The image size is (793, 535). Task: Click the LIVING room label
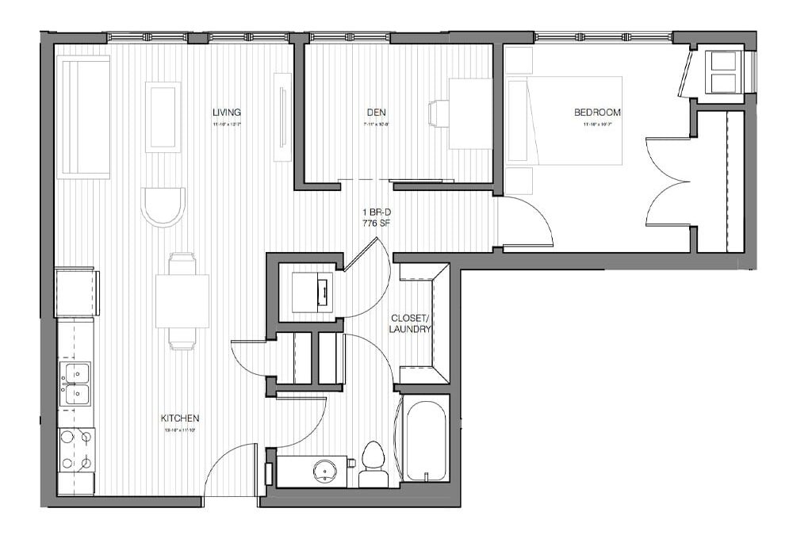226,113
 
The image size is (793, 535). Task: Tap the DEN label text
376,113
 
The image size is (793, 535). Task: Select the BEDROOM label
597,113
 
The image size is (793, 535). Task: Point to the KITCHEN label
180,418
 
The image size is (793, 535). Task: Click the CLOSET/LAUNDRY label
411,323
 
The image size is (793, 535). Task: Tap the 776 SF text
376,224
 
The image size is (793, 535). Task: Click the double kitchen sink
75,383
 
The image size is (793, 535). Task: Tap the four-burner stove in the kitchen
77,449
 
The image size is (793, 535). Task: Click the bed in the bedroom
565,121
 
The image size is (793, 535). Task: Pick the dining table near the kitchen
182,300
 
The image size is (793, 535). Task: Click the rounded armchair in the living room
163,206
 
